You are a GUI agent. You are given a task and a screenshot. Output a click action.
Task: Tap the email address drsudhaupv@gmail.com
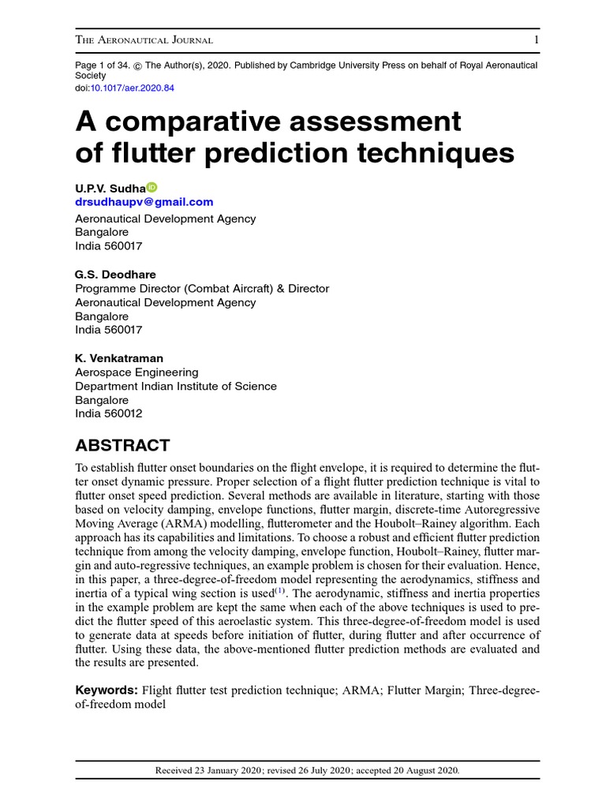coord(144,202)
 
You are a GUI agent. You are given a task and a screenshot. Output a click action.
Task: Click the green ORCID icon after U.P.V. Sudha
coord(152,187)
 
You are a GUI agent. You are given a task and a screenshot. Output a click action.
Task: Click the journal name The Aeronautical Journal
coord(143,40)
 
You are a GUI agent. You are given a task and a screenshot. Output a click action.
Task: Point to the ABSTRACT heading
coord(122,445)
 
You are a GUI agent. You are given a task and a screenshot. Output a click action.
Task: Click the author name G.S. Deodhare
coord(115,275)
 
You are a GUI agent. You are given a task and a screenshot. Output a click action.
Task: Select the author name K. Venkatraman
coord(119,358)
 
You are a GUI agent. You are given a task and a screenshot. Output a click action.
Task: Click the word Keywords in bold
coord(107,690)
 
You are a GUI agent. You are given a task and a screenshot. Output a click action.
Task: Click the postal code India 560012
coord(109,413)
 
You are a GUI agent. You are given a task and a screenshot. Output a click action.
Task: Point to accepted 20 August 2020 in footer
coord(410,770)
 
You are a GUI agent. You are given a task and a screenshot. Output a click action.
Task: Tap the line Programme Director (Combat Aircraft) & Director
coord(202,289)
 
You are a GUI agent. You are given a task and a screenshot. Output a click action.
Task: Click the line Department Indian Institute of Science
coord(176,386)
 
